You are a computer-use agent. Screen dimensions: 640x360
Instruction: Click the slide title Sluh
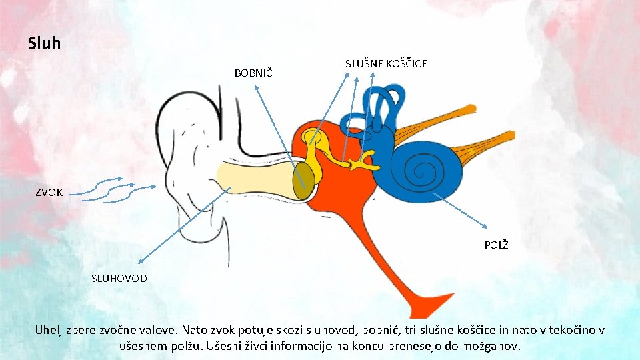[44, 44]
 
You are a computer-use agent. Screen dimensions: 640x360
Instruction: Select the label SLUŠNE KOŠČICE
[386, 63]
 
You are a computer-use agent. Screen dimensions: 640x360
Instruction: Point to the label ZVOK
[49, 193]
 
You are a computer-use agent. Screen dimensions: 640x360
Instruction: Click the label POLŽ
[496, 245]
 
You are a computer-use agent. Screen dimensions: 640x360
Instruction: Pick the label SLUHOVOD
[119, 277]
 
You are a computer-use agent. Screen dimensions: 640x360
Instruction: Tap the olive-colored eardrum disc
[305, 179]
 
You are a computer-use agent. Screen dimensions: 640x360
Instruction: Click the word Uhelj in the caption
[51, 331]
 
